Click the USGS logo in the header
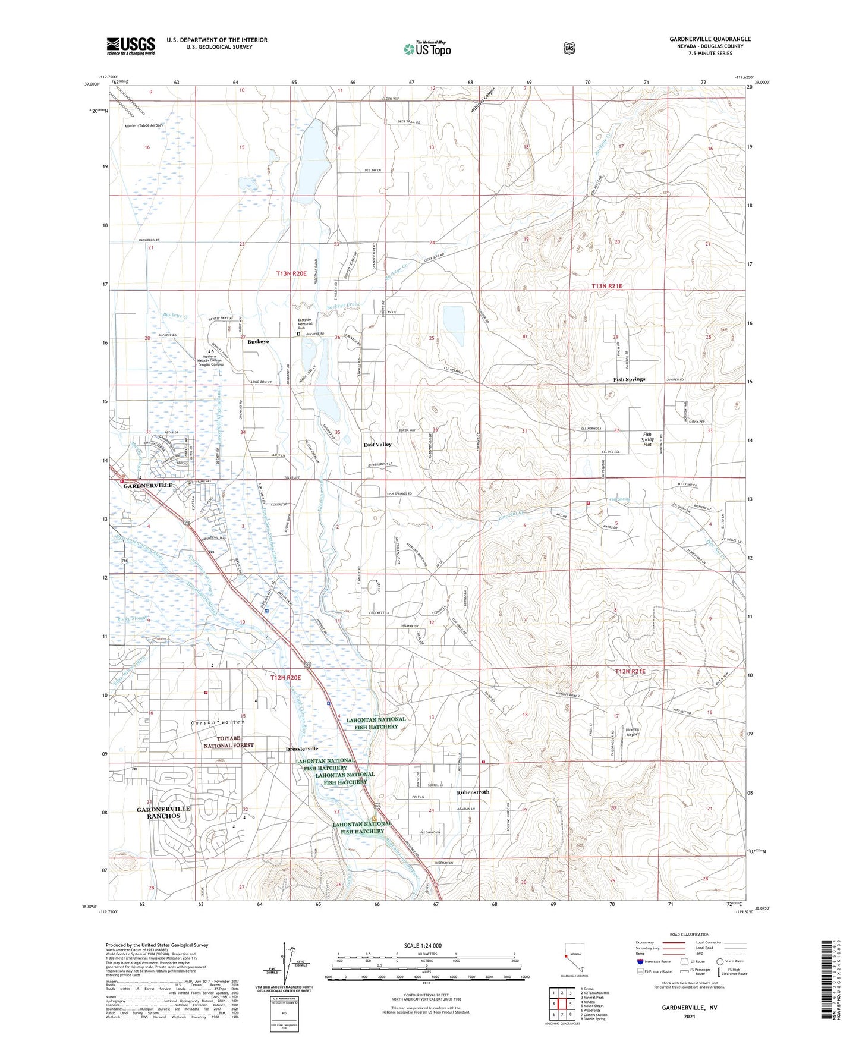[131, 46]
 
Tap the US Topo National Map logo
[426, 48]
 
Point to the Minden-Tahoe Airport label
[143, 125]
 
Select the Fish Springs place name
[629, 379]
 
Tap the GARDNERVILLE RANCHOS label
[163, 812]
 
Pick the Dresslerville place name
[302, 748]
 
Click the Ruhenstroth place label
[473, 792]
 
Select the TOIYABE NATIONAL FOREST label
[228, 741]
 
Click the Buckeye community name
[258, 342]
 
